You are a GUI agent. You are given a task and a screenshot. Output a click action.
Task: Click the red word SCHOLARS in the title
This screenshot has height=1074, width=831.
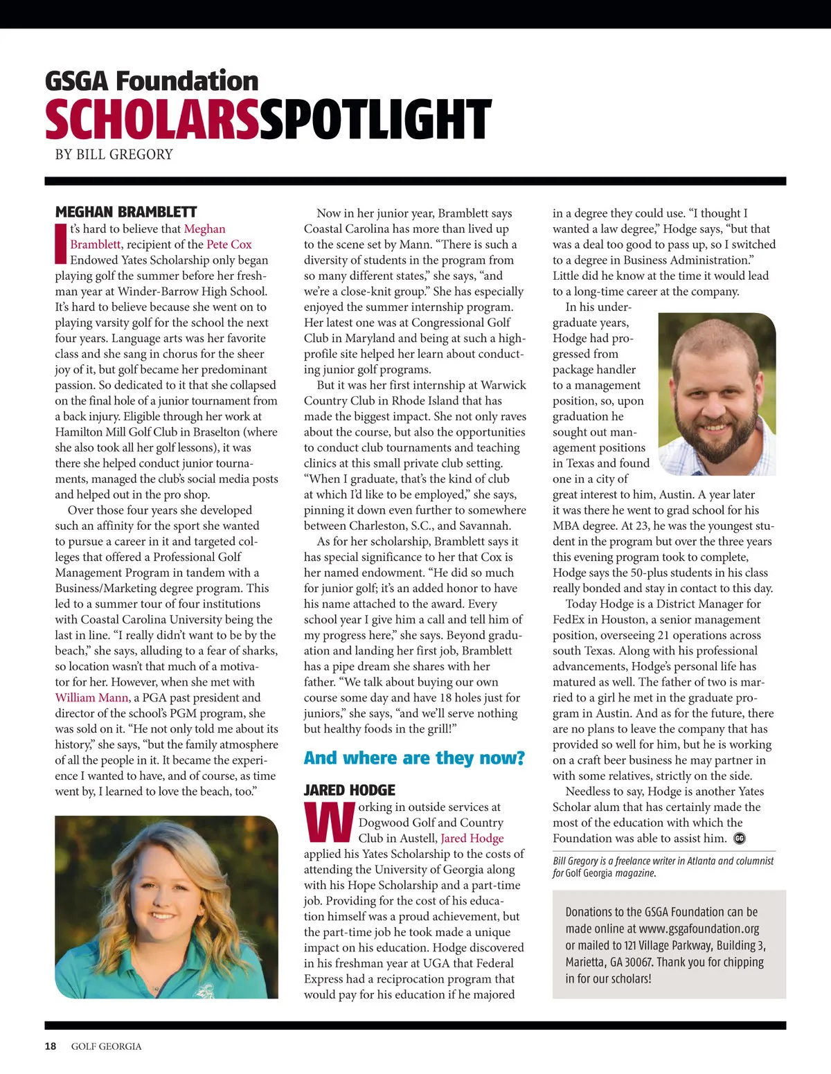(x=151, y=119)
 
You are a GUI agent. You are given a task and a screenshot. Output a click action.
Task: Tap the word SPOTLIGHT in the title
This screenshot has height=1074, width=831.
(x=376, y=119)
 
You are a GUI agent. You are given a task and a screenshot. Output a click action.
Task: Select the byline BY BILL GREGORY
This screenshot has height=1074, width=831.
(x=114, y=154)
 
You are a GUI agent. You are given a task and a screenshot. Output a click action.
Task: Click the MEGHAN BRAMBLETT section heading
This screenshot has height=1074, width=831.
(x=126, y=212)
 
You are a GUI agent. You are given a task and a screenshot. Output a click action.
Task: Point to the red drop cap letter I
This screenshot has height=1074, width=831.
(x=61, y=244)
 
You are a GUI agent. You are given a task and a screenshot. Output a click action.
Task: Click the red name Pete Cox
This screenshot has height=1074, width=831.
(x=229, y=244)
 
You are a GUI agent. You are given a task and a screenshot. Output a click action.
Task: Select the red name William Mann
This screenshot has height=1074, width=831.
(x=92, y=697)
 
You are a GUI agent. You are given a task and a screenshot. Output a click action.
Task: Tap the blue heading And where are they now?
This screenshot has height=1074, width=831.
(x=414, y=758)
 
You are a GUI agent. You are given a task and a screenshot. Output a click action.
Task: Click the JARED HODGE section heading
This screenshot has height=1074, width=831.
(x=350, y=790)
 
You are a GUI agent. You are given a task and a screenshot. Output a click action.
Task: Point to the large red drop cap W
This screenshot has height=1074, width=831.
(x=330, y=822)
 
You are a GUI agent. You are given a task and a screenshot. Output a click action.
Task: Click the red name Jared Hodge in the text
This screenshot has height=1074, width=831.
(x=472, y=838)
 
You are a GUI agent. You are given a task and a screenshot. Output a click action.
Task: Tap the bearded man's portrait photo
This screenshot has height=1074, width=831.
(x=717, y=393)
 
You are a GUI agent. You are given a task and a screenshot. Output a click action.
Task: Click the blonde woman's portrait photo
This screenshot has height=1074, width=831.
(x=166, y=906)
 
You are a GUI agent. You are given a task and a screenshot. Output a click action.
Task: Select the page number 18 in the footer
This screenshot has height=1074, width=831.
(x=51, y=1046)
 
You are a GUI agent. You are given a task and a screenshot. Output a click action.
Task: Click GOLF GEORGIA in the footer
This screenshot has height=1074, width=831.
(x=106, y=1046)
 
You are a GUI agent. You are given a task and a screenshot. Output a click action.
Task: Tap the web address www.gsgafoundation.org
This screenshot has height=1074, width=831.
(x=699, y=929)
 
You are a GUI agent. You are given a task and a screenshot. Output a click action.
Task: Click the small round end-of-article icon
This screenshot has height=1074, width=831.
(x=739, y=839)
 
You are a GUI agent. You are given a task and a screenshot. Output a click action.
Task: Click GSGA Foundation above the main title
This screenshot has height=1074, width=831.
(x=152, y=81)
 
